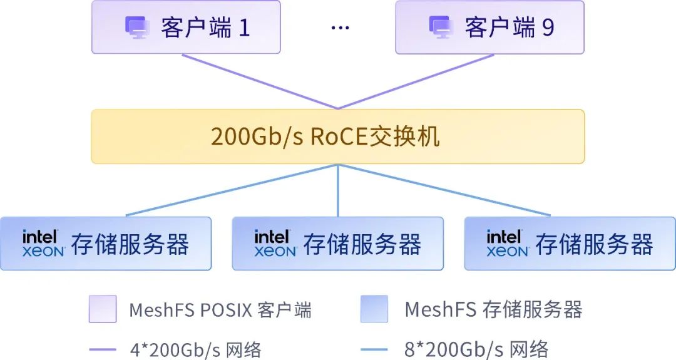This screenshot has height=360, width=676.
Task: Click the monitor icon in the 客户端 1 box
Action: [138, 28]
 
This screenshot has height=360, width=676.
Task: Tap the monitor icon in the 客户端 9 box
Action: [441, 28]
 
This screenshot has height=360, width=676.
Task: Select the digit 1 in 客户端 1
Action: [244, 28]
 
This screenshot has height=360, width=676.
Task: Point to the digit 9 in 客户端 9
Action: [548, 28]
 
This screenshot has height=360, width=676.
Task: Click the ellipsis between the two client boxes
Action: [340, 28]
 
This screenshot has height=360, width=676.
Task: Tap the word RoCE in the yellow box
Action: [339, 136]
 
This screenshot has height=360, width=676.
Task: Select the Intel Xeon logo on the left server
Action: [44, 244]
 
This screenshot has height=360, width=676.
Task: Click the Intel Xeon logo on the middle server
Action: [275, 244]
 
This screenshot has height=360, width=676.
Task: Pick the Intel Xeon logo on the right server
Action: [508, 244]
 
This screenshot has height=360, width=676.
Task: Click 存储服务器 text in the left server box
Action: [130, 244]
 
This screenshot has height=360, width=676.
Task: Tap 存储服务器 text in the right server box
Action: [594, 244]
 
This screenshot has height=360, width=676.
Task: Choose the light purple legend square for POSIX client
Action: [103, 309]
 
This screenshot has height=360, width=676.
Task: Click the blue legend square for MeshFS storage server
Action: [374, 309]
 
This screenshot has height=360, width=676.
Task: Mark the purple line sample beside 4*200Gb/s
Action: [102, 349]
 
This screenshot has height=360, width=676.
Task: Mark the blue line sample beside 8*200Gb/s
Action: [374, 349]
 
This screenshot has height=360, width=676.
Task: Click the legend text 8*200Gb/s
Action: [454, 349]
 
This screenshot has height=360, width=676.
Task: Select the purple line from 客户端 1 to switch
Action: [260, 81]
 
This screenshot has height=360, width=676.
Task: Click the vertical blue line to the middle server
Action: [338, 190]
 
